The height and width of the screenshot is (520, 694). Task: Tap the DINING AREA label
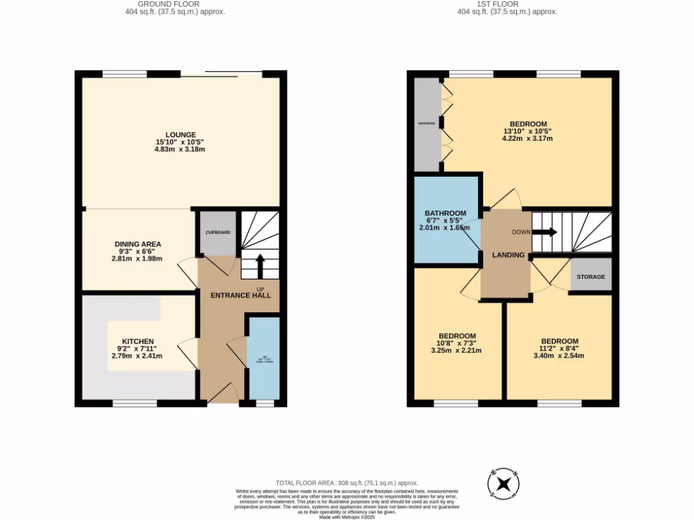(x=138, y=244)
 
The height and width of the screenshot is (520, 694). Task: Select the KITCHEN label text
(x=138, y=341)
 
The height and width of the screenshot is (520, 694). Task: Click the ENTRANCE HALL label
(x=241, y=295)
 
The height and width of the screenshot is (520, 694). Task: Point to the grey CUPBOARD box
(x=218, y=233)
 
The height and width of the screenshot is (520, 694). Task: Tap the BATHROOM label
(x=445, y=213)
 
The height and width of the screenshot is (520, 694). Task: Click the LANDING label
(x=508, y=255)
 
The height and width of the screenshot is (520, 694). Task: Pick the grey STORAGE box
(x=590, y=277)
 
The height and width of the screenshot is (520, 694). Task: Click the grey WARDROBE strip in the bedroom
(x=426, y=124)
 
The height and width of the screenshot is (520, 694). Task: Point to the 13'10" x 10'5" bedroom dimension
(x=528, y=131)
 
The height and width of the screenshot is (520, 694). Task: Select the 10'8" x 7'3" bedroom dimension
(x=457, y=343)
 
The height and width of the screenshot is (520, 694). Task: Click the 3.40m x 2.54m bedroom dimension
(x=559, y=355)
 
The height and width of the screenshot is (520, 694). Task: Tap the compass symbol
(x=504, y=483)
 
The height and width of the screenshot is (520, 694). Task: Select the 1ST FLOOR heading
(x=507, y=4)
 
